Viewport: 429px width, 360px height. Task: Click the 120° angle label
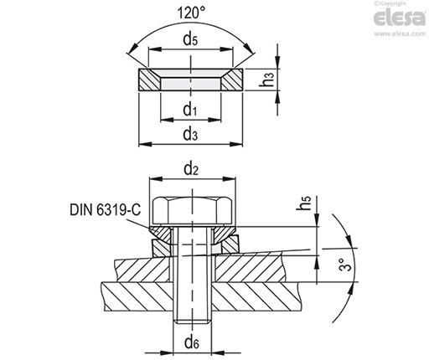(191, 13)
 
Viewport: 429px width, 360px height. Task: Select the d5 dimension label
(190, 39)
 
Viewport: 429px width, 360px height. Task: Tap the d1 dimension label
(190, 110)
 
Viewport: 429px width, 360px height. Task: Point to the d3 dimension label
(190, 134)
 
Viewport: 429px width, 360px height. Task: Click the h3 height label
(266, 79)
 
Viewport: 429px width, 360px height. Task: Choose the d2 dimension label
(191, 169)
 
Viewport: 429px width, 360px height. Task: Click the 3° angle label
(345, 265)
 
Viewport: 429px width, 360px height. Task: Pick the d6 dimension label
(192, 342)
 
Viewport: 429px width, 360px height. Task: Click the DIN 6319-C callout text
(106, 209)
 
